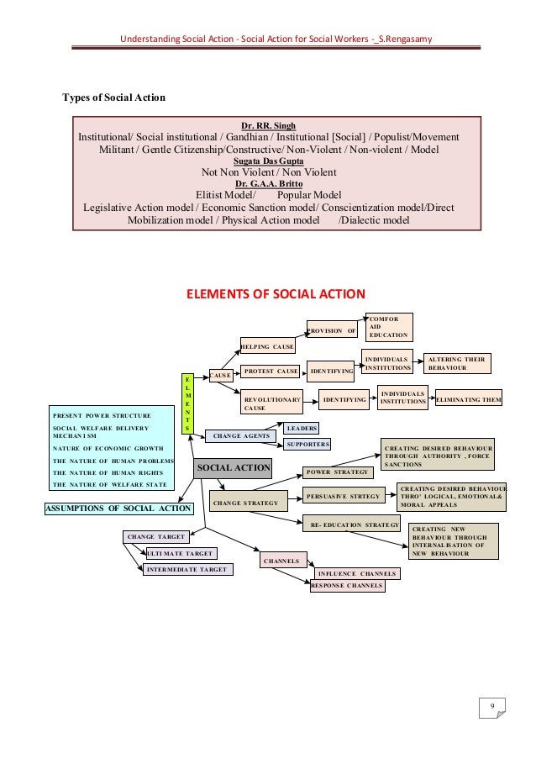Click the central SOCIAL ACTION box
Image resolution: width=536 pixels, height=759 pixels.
(x=233, y=467)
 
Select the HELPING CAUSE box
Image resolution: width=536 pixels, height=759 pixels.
(x=267, y=346)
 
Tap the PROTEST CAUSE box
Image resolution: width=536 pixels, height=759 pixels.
(x=271, y=371)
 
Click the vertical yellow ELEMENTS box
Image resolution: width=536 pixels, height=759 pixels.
(x=187, y=403)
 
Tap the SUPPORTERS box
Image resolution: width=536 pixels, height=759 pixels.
(x=307, y=444)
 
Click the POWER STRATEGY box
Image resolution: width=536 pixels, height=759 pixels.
(x=336, y=472)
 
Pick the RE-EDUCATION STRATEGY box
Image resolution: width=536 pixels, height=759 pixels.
(x=349, y=524)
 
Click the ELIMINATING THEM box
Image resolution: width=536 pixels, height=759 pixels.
(x=468, y=401)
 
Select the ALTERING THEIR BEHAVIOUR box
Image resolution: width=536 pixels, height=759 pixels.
(x=456, y=363)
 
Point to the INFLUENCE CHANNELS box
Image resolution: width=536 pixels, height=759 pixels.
(x=356, y=574)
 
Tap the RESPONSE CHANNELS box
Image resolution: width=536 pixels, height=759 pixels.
(x=347, y=585)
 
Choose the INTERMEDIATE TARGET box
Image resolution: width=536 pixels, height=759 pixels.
(x=187, y=569)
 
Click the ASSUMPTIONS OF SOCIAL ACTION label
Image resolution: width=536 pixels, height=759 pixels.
(x=118, y=508)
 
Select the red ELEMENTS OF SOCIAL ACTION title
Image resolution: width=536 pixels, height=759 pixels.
(x=275, y=294)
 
